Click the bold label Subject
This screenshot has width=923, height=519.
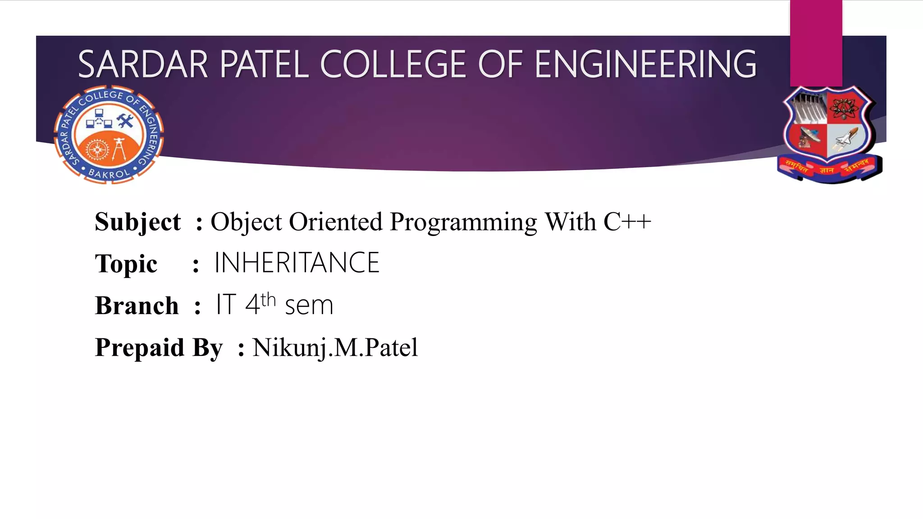click(137, 222)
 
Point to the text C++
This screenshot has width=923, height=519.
click(627, 222)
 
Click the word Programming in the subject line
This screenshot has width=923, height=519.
click(463, 223)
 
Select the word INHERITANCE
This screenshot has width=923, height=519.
click(297, 263)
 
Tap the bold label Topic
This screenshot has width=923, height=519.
click(126, 264)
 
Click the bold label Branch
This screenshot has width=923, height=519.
click(137, 305)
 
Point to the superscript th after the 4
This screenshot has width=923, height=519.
click(268, 299)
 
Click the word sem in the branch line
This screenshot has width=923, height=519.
click(309, 305)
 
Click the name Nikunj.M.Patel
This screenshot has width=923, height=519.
click(335, 348)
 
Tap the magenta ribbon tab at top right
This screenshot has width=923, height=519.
click(816, 43)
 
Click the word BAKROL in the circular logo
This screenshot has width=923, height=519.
click(109, 173)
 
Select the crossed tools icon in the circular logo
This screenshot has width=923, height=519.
click(125, 121)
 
